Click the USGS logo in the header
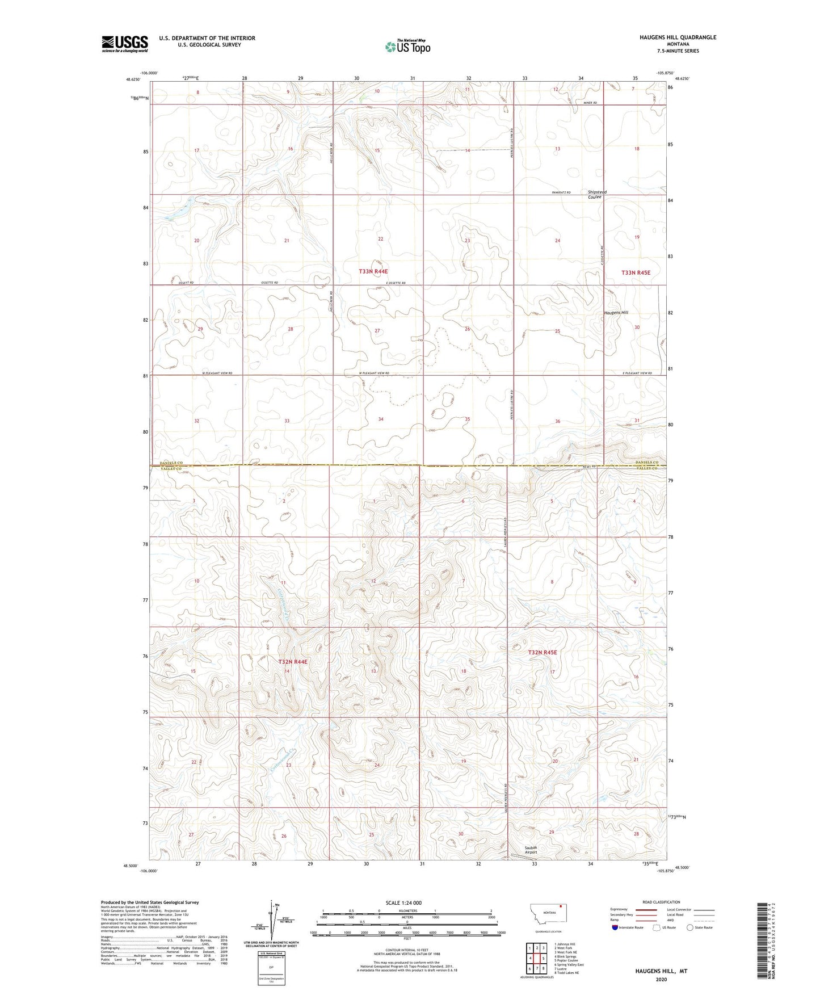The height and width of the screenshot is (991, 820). click(125, 44)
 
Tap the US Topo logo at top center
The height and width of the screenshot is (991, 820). click(407, 47)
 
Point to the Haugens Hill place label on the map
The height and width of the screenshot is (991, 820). click(616, 313)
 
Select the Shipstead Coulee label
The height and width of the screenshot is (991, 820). click(597, 195)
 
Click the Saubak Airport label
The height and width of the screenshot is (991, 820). click(531, 850)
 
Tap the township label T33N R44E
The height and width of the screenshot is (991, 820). click(373, 272)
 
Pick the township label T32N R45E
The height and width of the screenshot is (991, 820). click(543, 653)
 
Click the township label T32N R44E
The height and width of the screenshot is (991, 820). click(292, 662)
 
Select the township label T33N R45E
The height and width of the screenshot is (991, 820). click(635, 272)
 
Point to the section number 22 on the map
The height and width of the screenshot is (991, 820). click(381, 239)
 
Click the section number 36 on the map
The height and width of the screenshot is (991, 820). click(558, 421)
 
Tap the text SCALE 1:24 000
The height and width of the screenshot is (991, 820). click(403, 903)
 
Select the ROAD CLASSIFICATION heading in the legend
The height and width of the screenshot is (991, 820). click(661, 902)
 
